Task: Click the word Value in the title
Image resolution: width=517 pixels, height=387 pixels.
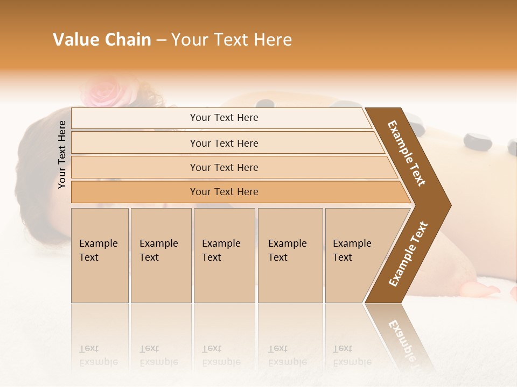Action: [75, 40]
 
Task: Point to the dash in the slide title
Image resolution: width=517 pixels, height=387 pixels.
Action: [161, 40]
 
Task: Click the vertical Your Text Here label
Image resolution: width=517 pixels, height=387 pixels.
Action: [62, 154]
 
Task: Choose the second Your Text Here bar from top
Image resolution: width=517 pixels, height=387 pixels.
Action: [224, 143]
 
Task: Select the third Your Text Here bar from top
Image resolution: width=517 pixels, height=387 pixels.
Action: [224, 167]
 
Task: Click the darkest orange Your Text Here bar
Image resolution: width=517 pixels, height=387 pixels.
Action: [224, 192]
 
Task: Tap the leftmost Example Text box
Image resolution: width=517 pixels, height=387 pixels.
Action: [100, 255]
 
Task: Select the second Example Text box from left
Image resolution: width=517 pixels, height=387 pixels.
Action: [160, 255]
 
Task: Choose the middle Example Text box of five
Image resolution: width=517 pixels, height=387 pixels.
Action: [224, 255]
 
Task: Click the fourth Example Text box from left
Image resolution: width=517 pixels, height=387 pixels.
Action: [290, 255]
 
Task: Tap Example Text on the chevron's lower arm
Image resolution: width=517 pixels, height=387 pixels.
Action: [408, 254]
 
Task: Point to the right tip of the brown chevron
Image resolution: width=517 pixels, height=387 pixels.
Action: [450, 205]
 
